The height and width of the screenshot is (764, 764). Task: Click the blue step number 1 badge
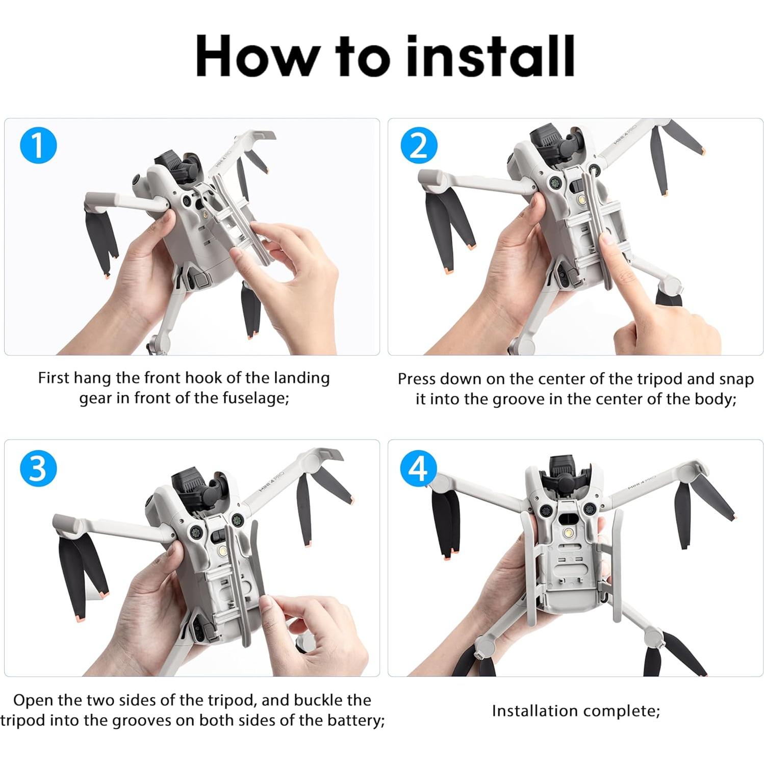(38, 146)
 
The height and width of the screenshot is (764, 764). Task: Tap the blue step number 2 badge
(419, 146)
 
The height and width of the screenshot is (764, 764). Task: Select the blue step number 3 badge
(38, 468)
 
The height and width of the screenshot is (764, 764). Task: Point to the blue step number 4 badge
(419, 468)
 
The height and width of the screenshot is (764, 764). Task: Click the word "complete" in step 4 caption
(622, 711)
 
